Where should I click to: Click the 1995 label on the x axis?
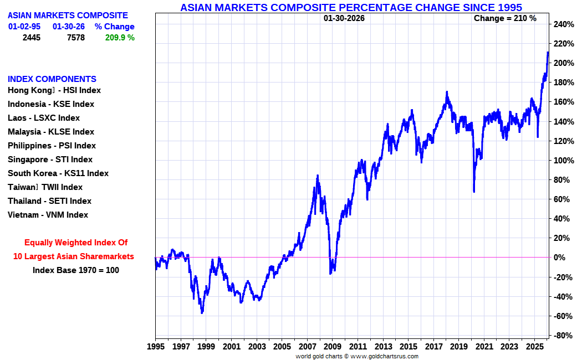click(x=156, y=346)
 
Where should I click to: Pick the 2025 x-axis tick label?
click(x=534, y=346)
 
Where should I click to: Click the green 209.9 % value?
click(x=119, y=38)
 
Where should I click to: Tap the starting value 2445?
click(x=32, y=38)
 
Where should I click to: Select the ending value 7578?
click(x=75, y=38)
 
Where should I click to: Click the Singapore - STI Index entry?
click(x=50, y=160)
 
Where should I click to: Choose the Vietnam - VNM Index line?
click(x=48, y=215)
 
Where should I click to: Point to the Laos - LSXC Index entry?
click(x=44, y=118)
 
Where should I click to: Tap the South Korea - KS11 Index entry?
click(x=58, y=173)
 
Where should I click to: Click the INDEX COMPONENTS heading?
click(x=52, y=79)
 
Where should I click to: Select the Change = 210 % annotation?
click(x=505, y=18)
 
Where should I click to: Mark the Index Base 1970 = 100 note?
click(x=75, y=270)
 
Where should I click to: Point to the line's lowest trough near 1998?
click(x=202, y=313)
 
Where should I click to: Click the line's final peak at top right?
click(x=548, y=53)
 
